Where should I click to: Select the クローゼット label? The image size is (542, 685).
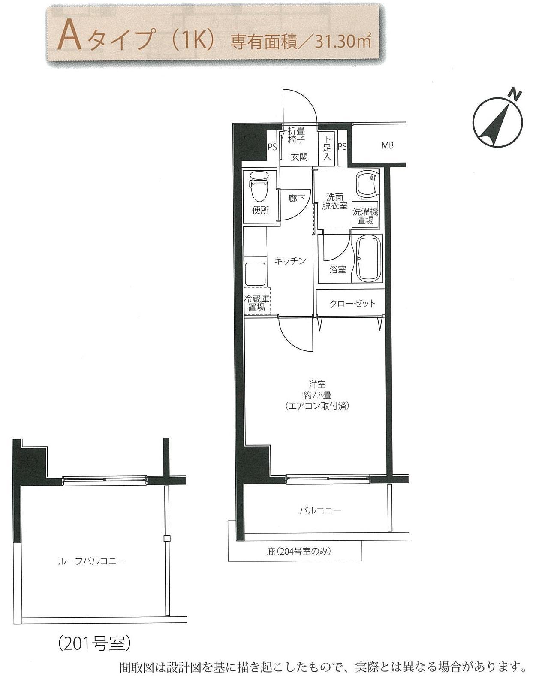pyautogui.click(x=352, y=303)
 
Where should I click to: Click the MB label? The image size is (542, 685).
pyautogui.click(x=388, y=145)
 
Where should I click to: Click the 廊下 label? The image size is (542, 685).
pyautogui.click(x=297, y=199)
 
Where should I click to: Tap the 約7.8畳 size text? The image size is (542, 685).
pyautogui.click(x=317, y=395)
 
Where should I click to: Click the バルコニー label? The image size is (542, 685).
pyautogui.click(x=320, y=511)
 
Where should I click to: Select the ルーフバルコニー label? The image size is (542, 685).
pyautogui.click(x=91, y=561)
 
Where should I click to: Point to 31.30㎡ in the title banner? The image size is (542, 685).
pyautogui.click(x=343, y=41)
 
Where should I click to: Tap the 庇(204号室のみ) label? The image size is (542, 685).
pyautogui.click(x=298, y=551)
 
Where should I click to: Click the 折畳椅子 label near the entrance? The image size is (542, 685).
pyautogui.click(x=296, y=135)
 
